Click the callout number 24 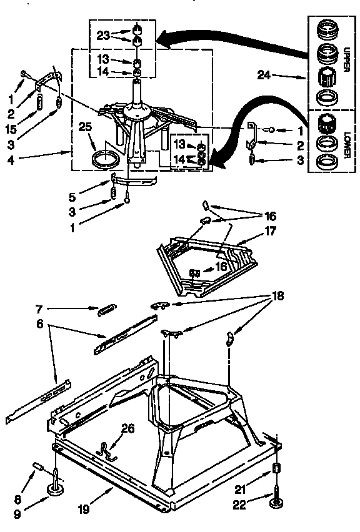pyautogui.click(x=264, y=75)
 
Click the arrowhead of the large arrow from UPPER pyautogui.click(x=161, y=41)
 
